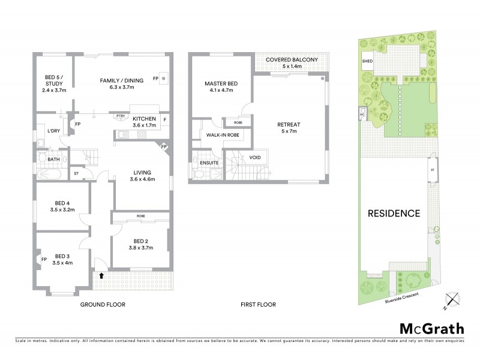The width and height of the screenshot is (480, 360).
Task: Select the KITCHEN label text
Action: [x=144, y=119]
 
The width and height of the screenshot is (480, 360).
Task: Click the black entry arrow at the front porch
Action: [x=101, y=276]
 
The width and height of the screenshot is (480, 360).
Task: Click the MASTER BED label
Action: [x=219, y=83]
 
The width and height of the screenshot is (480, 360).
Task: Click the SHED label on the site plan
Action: [x=367, y=61]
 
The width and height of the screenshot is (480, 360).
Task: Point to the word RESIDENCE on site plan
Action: [x=394, y=213]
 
